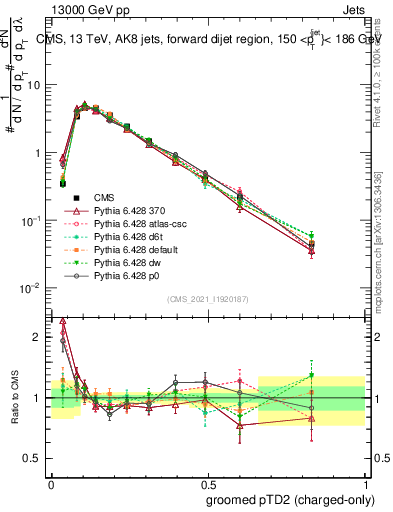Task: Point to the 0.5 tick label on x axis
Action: tap(207, 481)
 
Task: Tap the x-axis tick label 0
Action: tap(51, 481)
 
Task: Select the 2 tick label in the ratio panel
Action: tap(39, 337)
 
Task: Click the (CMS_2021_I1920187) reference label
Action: tap(207, 299)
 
